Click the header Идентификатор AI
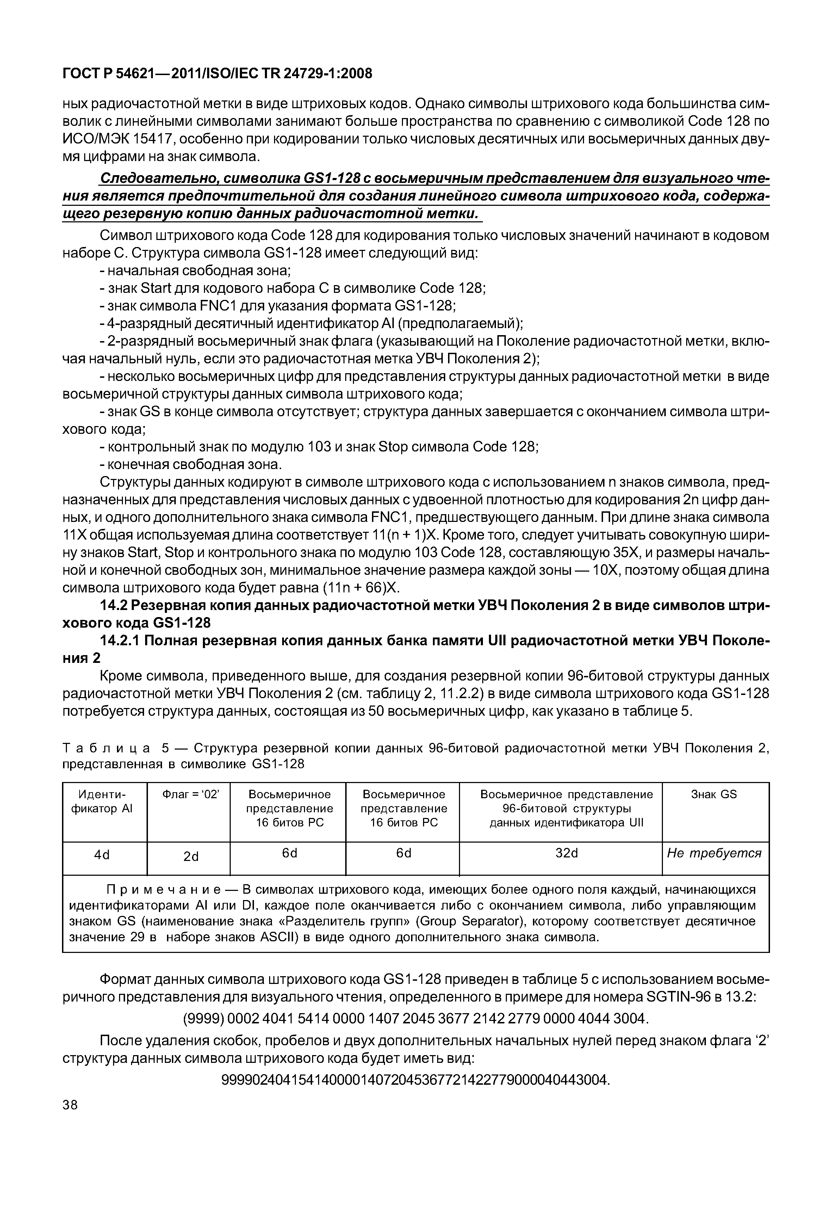point(105,801)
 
